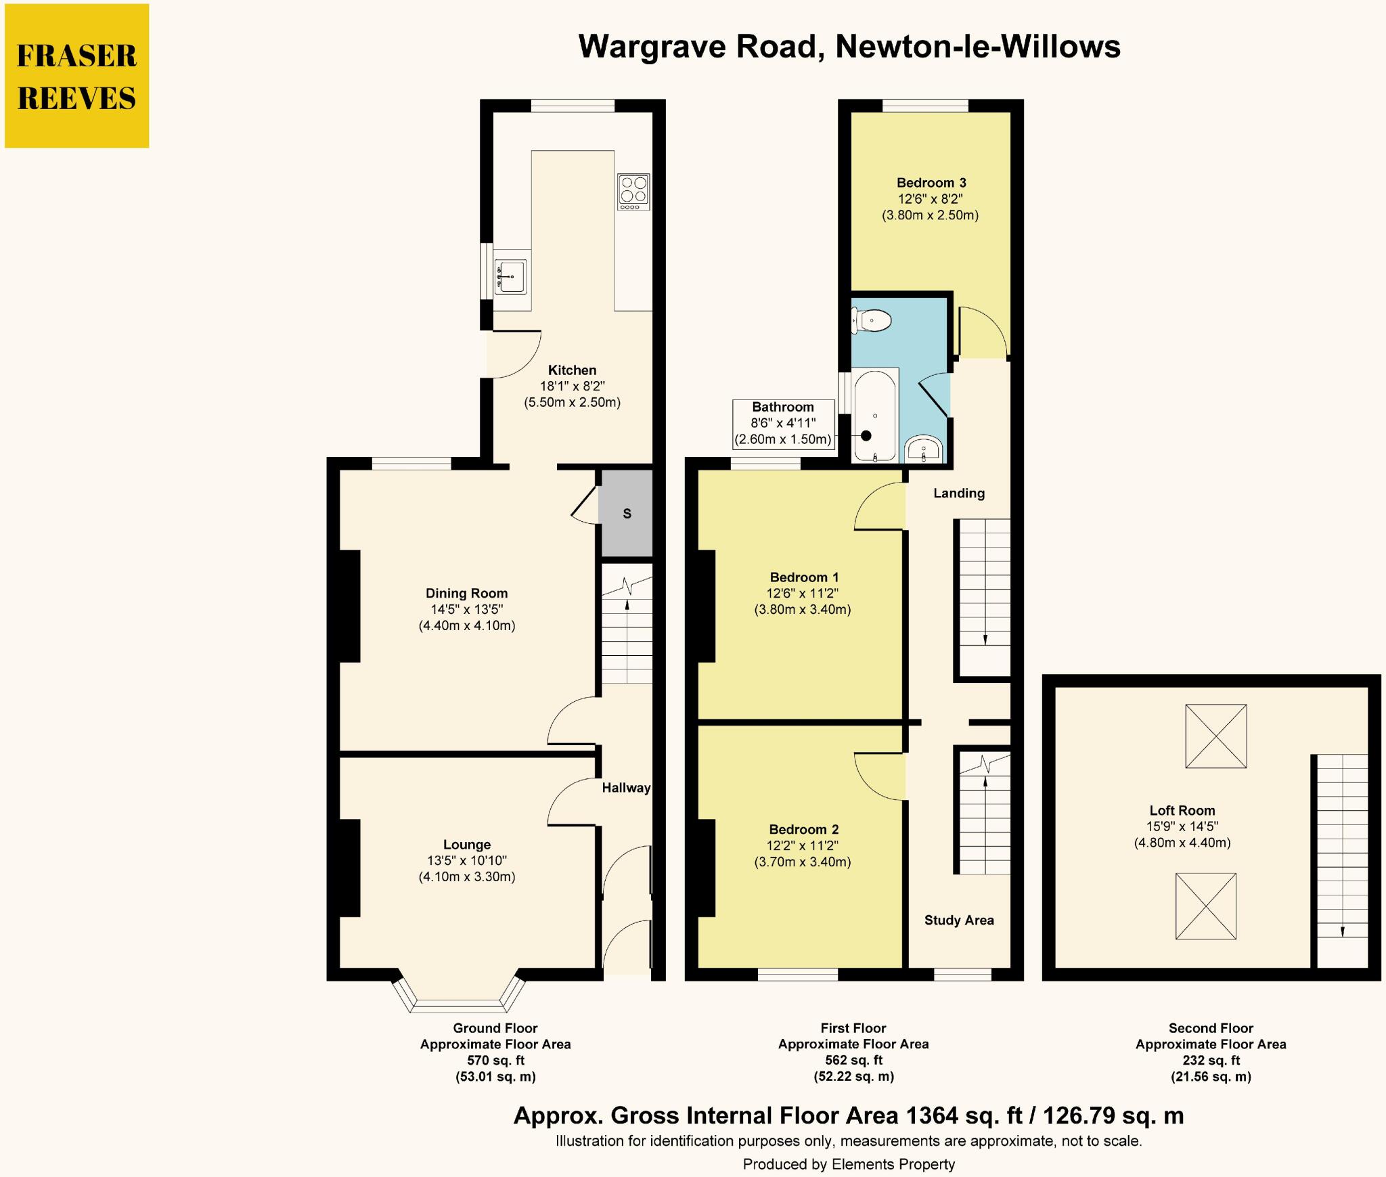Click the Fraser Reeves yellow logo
(x=76, y=76)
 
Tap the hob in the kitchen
(x=633, y=191)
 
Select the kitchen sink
(x=511, y=276)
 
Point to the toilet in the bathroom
(x=872, y=319)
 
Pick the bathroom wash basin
(x=923, y=448)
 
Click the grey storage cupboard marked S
(x=627, y=513)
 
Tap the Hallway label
(x=626, y=788)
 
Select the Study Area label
(x=958, y=920)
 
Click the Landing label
(x=958, y=493)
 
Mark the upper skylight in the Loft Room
(x=1215, y=736)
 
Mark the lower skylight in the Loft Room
(x=1205, y=906)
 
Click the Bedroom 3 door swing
(x=981, y=333)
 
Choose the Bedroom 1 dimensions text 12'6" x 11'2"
(x=802, y=594)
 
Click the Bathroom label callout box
(x=783, y=424)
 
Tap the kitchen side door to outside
(x=513, y=355)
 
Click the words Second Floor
(x=1210, y=1027)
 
